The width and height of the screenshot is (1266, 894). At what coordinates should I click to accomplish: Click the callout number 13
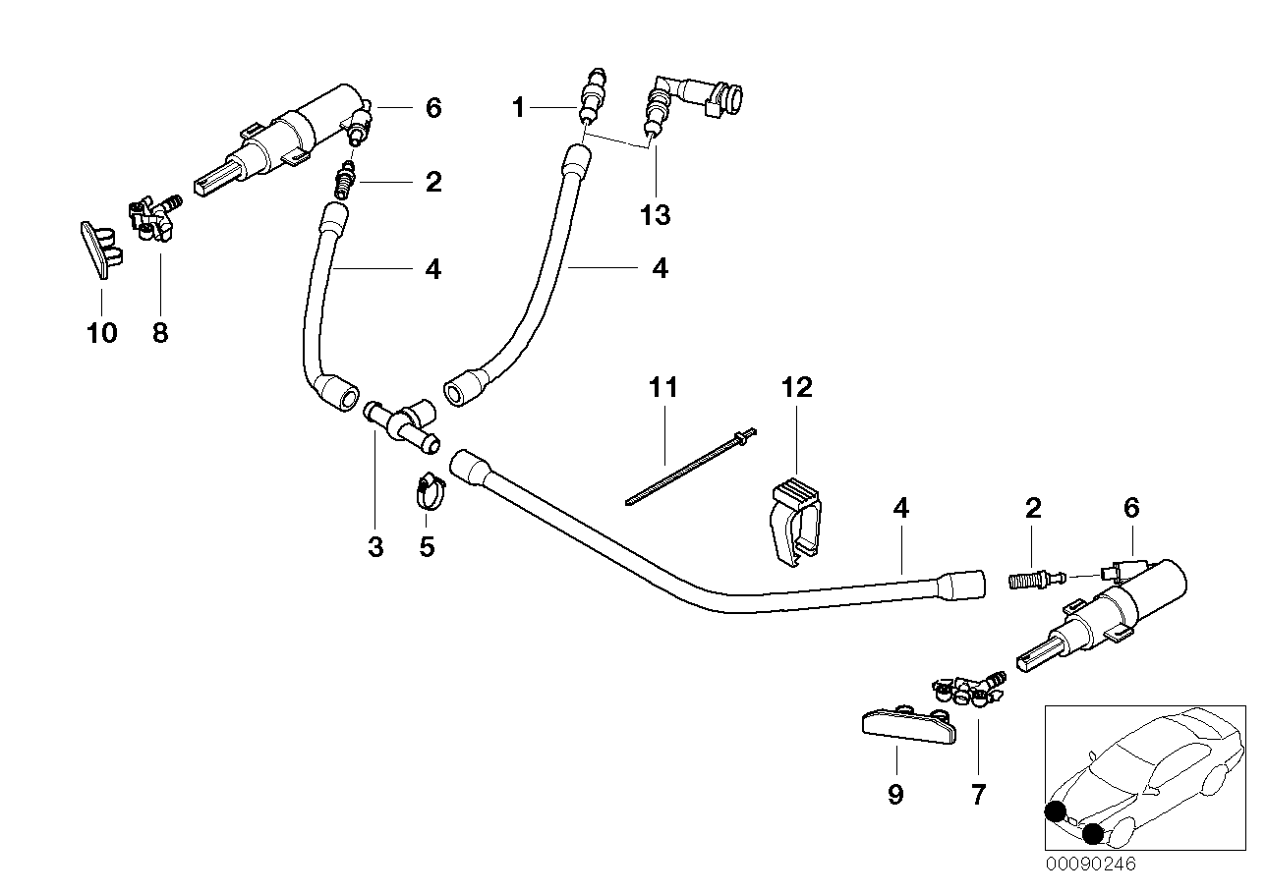(655, 215)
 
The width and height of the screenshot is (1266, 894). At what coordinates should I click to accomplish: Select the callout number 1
(519, 108)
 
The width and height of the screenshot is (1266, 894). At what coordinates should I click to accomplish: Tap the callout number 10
(101, 333)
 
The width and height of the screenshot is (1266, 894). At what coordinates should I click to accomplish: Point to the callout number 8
(160, 333)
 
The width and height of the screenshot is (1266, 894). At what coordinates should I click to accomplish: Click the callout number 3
(375, 546)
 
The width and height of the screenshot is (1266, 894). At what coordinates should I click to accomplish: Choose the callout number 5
(427, 546)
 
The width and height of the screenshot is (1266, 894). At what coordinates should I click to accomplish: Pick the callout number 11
(664, 387)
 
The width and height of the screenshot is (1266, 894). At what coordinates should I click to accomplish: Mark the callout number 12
(797, 387)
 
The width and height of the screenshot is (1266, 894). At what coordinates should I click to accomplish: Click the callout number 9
(895, 794)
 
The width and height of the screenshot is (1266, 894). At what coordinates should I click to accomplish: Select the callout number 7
(977, 794)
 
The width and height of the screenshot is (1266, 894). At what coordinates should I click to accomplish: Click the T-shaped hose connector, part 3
(403, 424)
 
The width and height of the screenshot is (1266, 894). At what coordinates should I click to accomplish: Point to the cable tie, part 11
(688, 470)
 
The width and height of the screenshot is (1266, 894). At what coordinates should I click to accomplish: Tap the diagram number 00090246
(1089, 865)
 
